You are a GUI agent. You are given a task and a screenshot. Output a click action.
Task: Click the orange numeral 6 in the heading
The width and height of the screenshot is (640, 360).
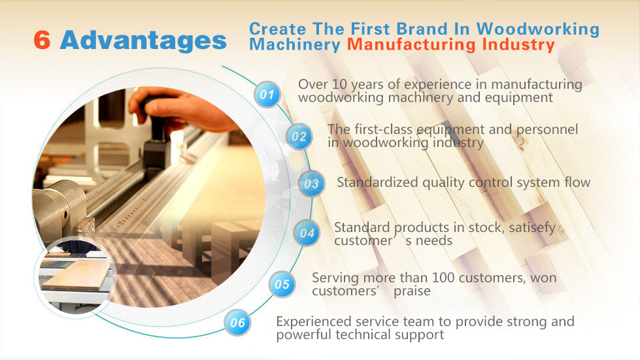[x=42, y=40]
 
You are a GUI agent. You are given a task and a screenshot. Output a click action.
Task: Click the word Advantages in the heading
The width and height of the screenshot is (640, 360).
[x=143, y=41]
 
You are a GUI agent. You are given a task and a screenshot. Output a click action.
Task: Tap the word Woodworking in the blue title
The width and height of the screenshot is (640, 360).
[x=537, y=29]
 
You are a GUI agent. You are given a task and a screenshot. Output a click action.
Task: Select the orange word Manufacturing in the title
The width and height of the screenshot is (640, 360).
[x=411, y=44]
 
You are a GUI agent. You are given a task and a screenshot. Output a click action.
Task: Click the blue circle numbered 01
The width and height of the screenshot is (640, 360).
[x=267, y=95]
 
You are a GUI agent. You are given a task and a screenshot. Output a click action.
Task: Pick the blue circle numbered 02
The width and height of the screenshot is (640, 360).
[x=299, y=136]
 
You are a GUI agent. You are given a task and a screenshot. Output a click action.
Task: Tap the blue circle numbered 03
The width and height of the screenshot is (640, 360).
[x=311, y=184]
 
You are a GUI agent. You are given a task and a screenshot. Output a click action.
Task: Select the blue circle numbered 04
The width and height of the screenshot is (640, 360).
[x=307, y=233]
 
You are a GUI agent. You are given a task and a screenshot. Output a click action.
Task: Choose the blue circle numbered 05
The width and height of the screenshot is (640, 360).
[x=282, y=284]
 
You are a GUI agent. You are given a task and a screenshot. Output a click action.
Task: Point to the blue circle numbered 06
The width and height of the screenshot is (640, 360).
[x=237, y=323]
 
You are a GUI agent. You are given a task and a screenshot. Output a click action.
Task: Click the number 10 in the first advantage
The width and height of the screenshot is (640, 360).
[x=339, y=84]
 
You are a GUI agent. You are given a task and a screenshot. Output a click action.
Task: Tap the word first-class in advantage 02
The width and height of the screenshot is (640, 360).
[x=384, y=129]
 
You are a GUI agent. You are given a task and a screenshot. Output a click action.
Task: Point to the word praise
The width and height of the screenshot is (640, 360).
[x=412, y=291]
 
